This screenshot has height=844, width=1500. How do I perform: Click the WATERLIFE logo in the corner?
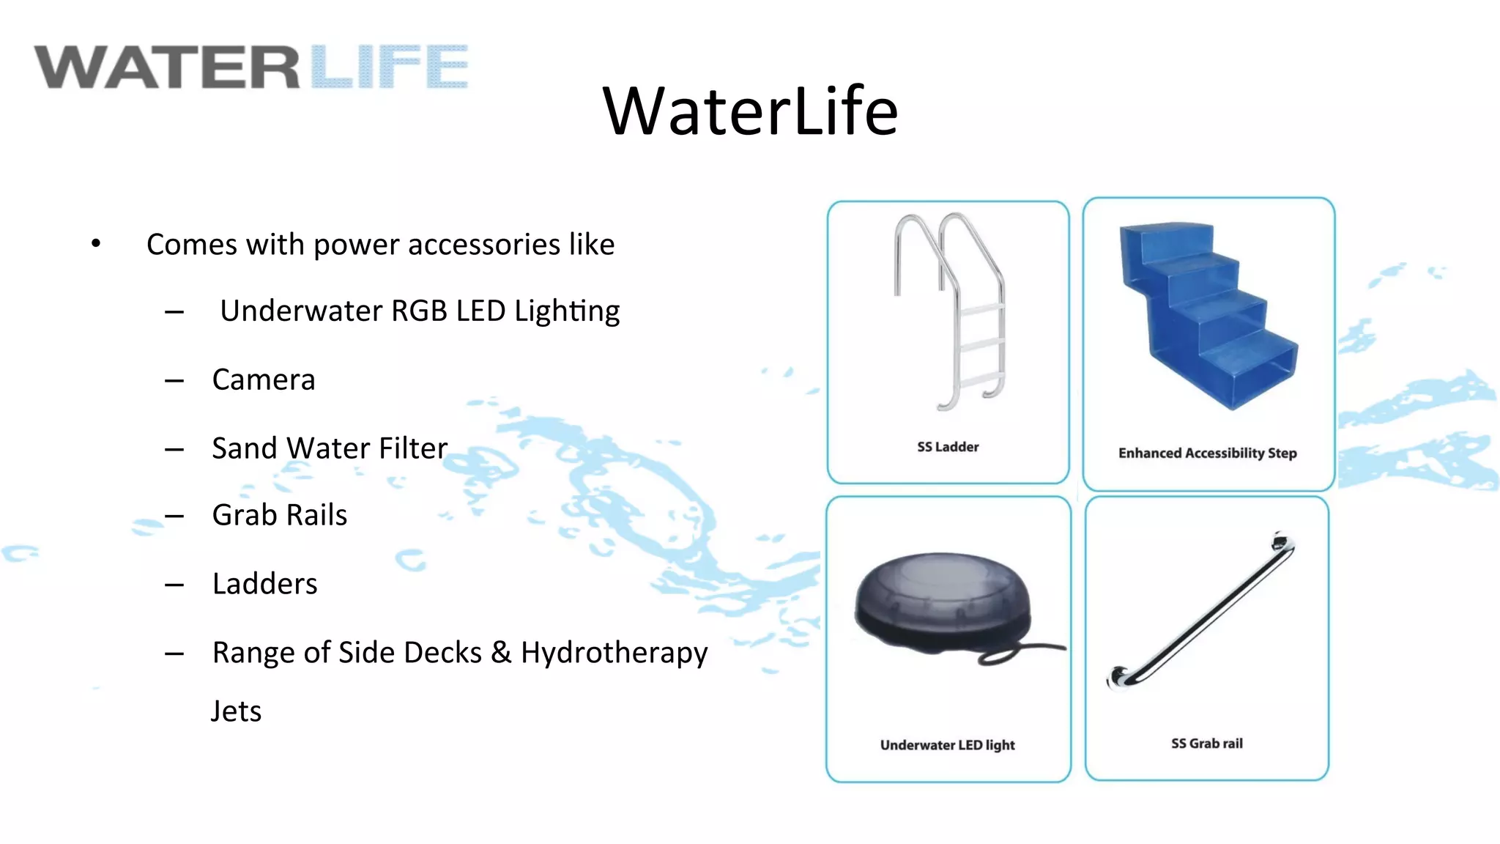250,67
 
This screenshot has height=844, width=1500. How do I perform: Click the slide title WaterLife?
750,111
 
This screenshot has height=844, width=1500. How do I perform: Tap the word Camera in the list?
264,380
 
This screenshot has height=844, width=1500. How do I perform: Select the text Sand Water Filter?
330,448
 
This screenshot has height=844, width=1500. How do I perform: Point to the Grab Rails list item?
280,515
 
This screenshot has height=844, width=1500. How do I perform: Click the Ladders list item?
265,584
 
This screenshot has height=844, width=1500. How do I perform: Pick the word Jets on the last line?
236,711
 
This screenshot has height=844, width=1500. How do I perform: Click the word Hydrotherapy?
614,653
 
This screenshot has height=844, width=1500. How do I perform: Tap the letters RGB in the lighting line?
419,311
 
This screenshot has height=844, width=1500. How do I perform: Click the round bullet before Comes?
96,243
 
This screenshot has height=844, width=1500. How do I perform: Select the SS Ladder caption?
948,447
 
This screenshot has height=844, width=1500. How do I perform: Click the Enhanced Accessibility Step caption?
1207,454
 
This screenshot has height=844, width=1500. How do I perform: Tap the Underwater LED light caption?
947,745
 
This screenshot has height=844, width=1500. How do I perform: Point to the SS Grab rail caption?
1206,744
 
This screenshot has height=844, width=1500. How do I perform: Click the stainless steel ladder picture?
951,311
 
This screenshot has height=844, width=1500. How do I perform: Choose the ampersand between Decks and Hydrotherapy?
501,652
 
